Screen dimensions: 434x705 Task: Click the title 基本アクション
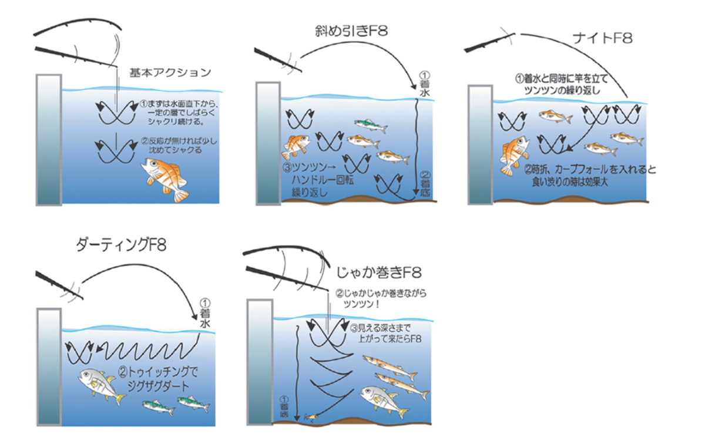pos(170,73)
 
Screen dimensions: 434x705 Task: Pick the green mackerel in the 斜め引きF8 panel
pos(371,125)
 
